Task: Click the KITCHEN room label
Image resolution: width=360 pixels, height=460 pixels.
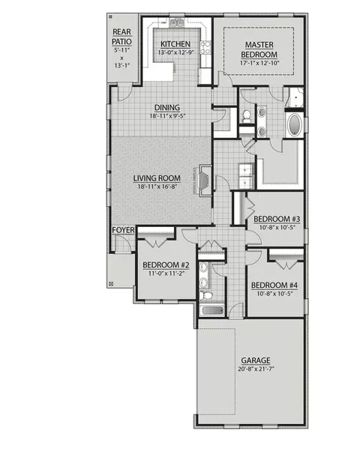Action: pyautogui.click(x=175, y=44)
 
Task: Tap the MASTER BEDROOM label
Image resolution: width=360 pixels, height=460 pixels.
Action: pyautogui.click(x=259, y=49)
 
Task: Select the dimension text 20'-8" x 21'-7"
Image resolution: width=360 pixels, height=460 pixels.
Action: pyautogui.click(x=256, y=369)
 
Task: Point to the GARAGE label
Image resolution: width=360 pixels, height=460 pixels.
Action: pyautogui.click(x=256, y=360)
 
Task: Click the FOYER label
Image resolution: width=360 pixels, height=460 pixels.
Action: pyautogui.click(x=123, y=230)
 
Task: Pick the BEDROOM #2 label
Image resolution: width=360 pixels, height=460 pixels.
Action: pyautogui.click(x=166, y=265)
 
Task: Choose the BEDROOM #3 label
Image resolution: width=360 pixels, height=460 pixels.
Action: pyautogui.click(x=277, y=220)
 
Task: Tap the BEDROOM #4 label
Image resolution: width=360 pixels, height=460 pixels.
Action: pyautogui.click(x=274, y=285)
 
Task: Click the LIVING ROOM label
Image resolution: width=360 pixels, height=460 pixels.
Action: pyautogui.click(x=157, y=178)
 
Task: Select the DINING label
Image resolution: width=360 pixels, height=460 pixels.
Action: pyautogui.click(x=167, y=108)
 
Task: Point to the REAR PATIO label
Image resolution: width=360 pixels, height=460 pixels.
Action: pyautogui.click(x=121, y=37)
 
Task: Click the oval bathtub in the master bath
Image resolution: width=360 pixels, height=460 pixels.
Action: pyautogui.click(x=295, y=124)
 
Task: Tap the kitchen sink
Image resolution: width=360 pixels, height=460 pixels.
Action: pyautogui.click(x=177, y=22)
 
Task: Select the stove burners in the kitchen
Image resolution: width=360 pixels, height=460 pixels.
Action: pyautogui.click(x=205, y=48)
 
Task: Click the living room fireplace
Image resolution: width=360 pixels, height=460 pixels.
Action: pyautogui.click(x=205, y=180)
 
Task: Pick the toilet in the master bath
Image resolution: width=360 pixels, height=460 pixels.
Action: pyautogui.click(x=247, y=116)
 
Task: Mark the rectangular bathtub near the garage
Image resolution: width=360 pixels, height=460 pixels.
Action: pyautogui.click(x=212, y=311)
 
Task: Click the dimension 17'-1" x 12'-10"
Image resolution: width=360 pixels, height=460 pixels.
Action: pyautogui.click(x=259, y=63)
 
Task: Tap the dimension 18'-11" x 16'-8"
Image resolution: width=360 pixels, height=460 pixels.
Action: pyautogui.click(x=157, y=187)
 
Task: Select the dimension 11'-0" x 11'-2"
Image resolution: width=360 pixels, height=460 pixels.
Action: pyautogui.click(x=166, y=273)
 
